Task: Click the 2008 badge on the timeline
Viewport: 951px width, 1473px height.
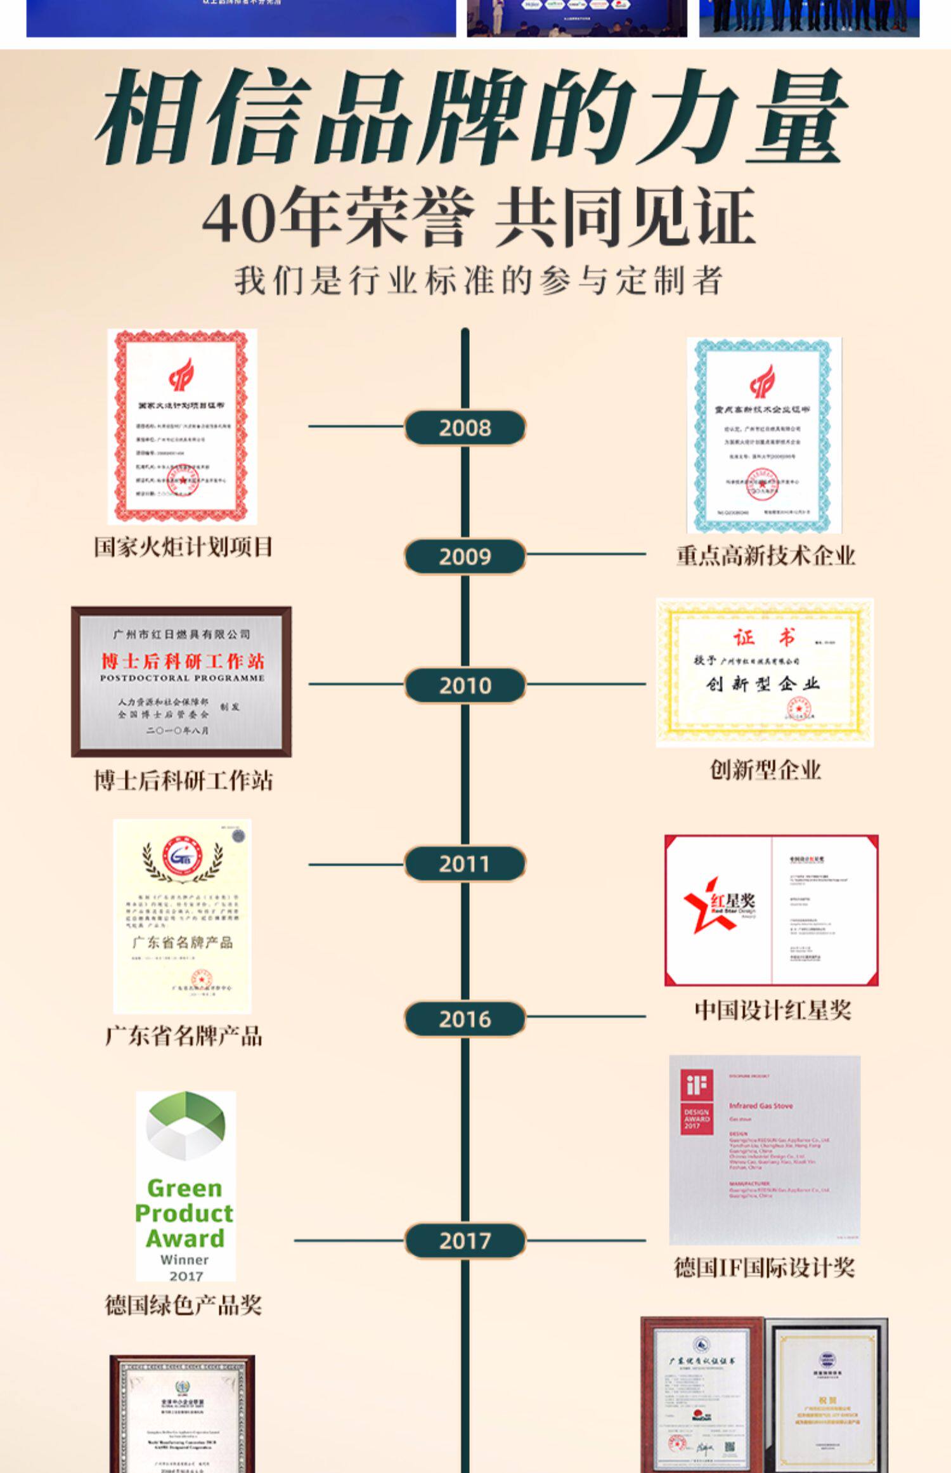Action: pos(465,428)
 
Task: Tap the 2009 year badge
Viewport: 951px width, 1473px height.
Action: pos(465,556)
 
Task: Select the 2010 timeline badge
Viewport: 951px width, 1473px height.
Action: pos(465,685)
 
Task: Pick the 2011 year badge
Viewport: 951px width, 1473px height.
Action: pos(465,863)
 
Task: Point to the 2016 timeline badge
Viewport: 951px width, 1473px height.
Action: pos(465,1019)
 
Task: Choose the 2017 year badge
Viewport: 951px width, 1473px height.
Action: pos(465,1241)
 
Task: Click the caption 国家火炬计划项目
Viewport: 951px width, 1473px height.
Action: pos(183,547)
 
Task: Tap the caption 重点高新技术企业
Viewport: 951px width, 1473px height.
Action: pos(765,556)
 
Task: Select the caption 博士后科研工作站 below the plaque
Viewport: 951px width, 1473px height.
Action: pos(183,780)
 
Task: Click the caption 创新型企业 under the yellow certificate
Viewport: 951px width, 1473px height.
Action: pos(765,770)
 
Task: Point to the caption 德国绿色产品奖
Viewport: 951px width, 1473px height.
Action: pos(183,1306)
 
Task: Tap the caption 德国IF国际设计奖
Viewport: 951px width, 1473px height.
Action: pos(764,1267)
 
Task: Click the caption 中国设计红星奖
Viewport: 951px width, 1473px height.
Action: pos(772,1010)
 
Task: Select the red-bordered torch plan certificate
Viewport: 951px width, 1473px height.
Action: pos(182,426)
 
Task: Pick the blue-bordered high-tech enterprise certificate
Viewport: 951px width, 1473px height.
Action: pos(764,435)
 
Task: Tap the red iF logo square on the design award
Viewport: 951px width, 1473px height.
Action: pos(696,1086)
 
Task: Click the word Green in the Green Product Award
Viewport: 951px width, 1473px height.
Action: pos(184,1188)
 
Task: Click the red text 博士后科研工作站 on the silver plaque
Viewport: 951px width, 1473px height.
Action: pos(183,661)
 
